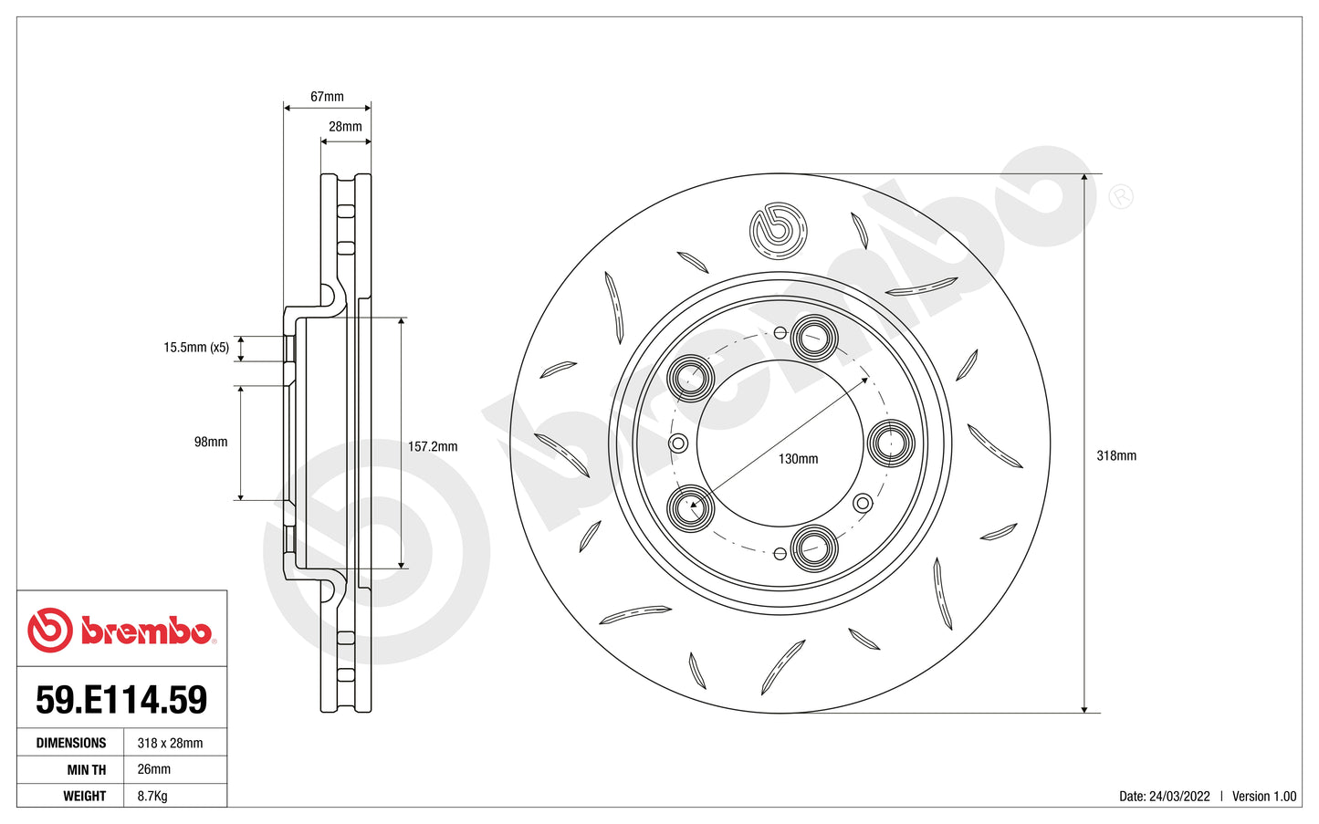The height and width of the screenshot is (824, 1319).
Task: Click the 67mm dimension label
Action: point(327,97)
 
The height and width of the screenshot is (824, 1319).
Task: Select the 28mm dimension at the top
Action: point(345,127)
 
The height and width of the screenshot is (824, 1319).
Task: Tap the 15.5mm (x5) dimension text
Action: point(196,348)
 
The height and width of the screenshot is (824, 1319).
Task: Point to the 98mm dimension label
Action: point(211,442)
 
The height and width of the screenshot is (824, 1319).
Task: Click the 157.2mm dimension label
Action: point(433,447)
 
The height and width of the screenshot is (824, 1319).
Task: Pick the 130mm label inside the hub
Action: point(798,459)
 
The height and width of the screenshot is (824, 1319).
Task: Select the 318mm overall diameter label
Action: point(1116,455)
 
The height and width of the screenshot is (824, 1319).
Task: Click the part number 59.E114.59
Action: point(121,700)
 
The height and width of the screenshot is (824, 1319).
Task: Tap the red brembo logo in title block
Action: point(121,631)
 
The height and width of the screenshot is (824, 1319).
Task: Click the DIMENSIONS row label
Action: point(71,743)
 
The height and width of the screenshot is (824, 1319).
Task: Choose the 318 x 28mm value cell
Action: point(171,743)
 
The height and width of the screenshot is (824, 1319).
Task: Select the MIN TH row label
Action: point(86,769)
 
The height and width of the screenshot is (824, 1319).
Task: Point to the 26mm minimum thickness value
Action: point(154,769)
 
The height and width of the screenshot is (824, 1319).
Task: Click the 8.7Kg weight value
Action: point(152,796)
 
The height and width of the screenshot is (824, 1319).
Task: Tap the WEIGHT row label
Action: point(85,796)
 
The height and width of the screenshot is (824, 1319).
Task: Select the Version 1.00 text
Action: point(1264,796)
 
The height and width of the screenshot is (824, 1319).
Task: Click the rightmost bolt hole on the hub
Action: point(889,443)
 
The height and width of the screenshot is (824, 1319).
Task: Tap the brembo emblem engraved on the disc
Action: point(779,230)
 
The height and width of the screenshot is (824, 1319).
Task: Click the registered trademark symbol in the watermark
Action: point(1120,196)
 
